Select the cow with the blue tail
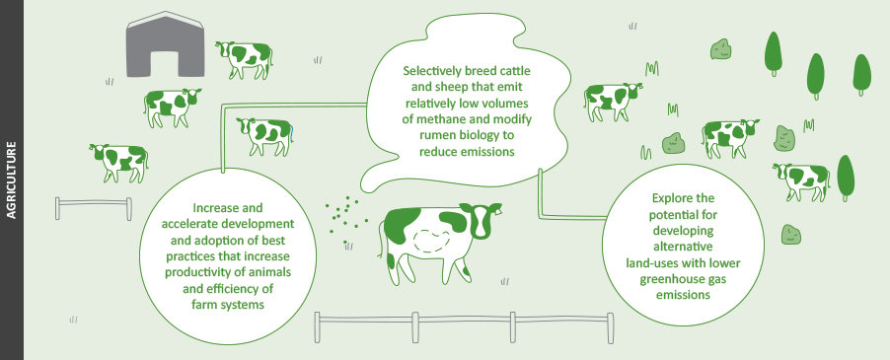pos(266,135)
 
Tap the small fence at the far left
pos(93,208)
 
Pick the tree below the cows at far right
pos(846,176)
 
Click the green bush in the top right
pos(721,47)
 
